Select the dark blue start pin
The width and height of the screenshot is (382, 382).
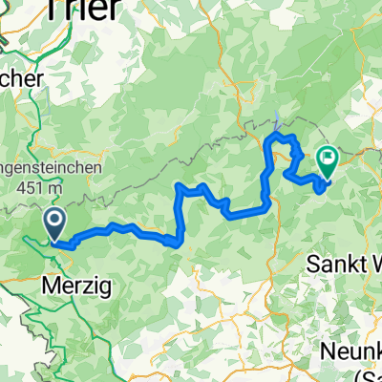[55, 224]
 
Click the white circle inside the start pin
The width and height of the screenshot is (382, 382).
[55, 221]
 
